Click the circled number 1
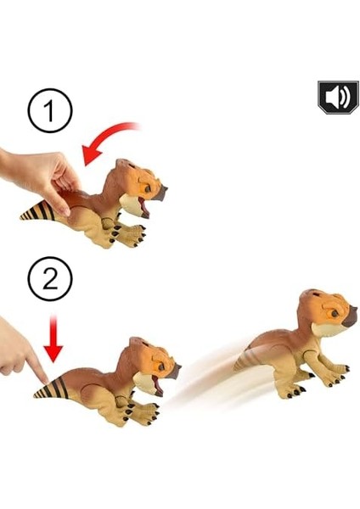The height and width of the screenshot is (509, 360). (50, 110)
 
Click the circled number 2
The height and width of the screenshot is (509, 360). (50, 279)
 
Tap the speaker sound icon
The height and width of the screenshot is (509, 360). (338, 97)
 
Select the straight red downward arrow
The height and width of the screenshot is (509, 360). (53, 338)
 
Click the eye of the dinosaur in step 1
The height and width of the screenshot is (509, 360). (147, 189)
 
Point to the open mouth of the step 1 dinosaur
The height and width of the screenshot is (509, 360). (143, 207)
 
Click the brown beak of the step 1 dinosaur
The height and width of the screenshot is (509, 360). (160, 193)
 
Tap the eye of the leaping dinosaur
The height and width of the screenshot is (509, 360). (334, 313)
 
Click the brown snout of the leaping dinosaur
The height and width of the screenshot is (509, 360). (350, 316)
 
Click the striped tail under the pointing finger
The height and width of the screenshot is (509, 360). (51, 389)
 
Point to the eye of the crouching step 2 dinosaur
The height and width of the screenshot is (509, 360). (160, 366)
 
